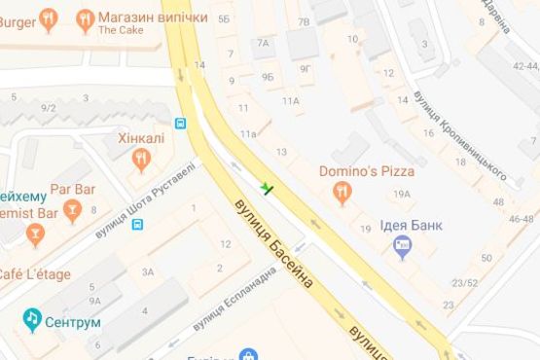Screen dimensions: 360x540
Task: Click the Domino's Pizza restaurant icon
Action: click(342, 194)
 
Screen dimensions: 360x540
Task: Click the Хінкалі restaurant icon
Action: click(142, 159)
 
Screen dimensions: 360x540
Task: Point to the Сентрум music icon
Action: click(33, 319)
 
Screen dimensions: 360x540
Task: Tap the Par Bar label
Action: click(71, 187)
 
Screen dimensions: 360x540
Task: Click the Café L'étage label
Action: click(35, 274)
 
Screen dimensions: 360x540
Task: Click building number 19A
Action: click(403, 194)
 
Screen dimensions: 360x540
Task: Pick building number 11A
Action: click(291, 100)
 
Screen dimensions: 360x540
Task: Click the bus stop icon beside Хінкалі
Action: click(180, 124)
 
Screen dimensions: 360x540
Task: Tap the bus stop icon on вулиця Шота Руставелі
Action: click(138, 225)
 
